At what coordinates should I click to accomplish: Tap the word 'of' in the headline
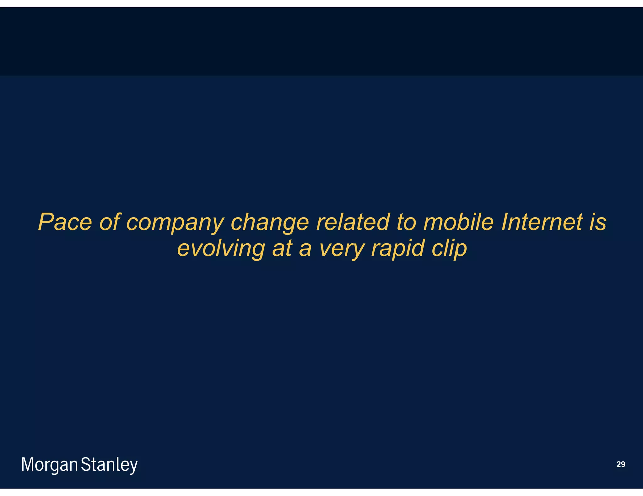click(x=110, y=222)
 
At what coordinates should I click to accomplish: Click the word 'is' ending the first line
click(x=597, y=222)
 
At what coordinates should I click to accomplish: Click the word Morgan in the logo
click(x=49, y=465)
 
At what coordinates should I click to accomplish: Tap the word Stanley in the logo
click(x=109, y=465)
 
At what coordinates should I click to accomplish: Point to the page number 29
click(x=621, y=464)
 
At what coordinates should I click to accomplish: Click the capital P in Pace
click(x=45, y=222)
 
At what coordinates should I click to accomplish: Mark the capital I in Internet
click(x=504, y=222)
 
